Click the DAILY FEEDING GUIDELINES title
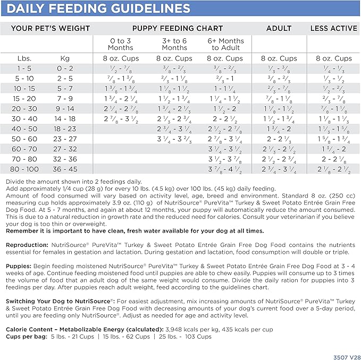pos(99,8)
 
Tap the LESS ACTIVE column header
pos(333,28)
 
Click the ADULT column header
pos(279,28)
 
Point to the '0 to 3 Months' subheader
pos(120,44)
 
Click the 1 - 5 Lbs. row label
pos(24,68)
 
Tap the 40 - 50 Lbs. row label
pos(24,128)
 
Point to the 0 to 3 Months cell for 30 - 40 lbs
pos(120,118)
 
